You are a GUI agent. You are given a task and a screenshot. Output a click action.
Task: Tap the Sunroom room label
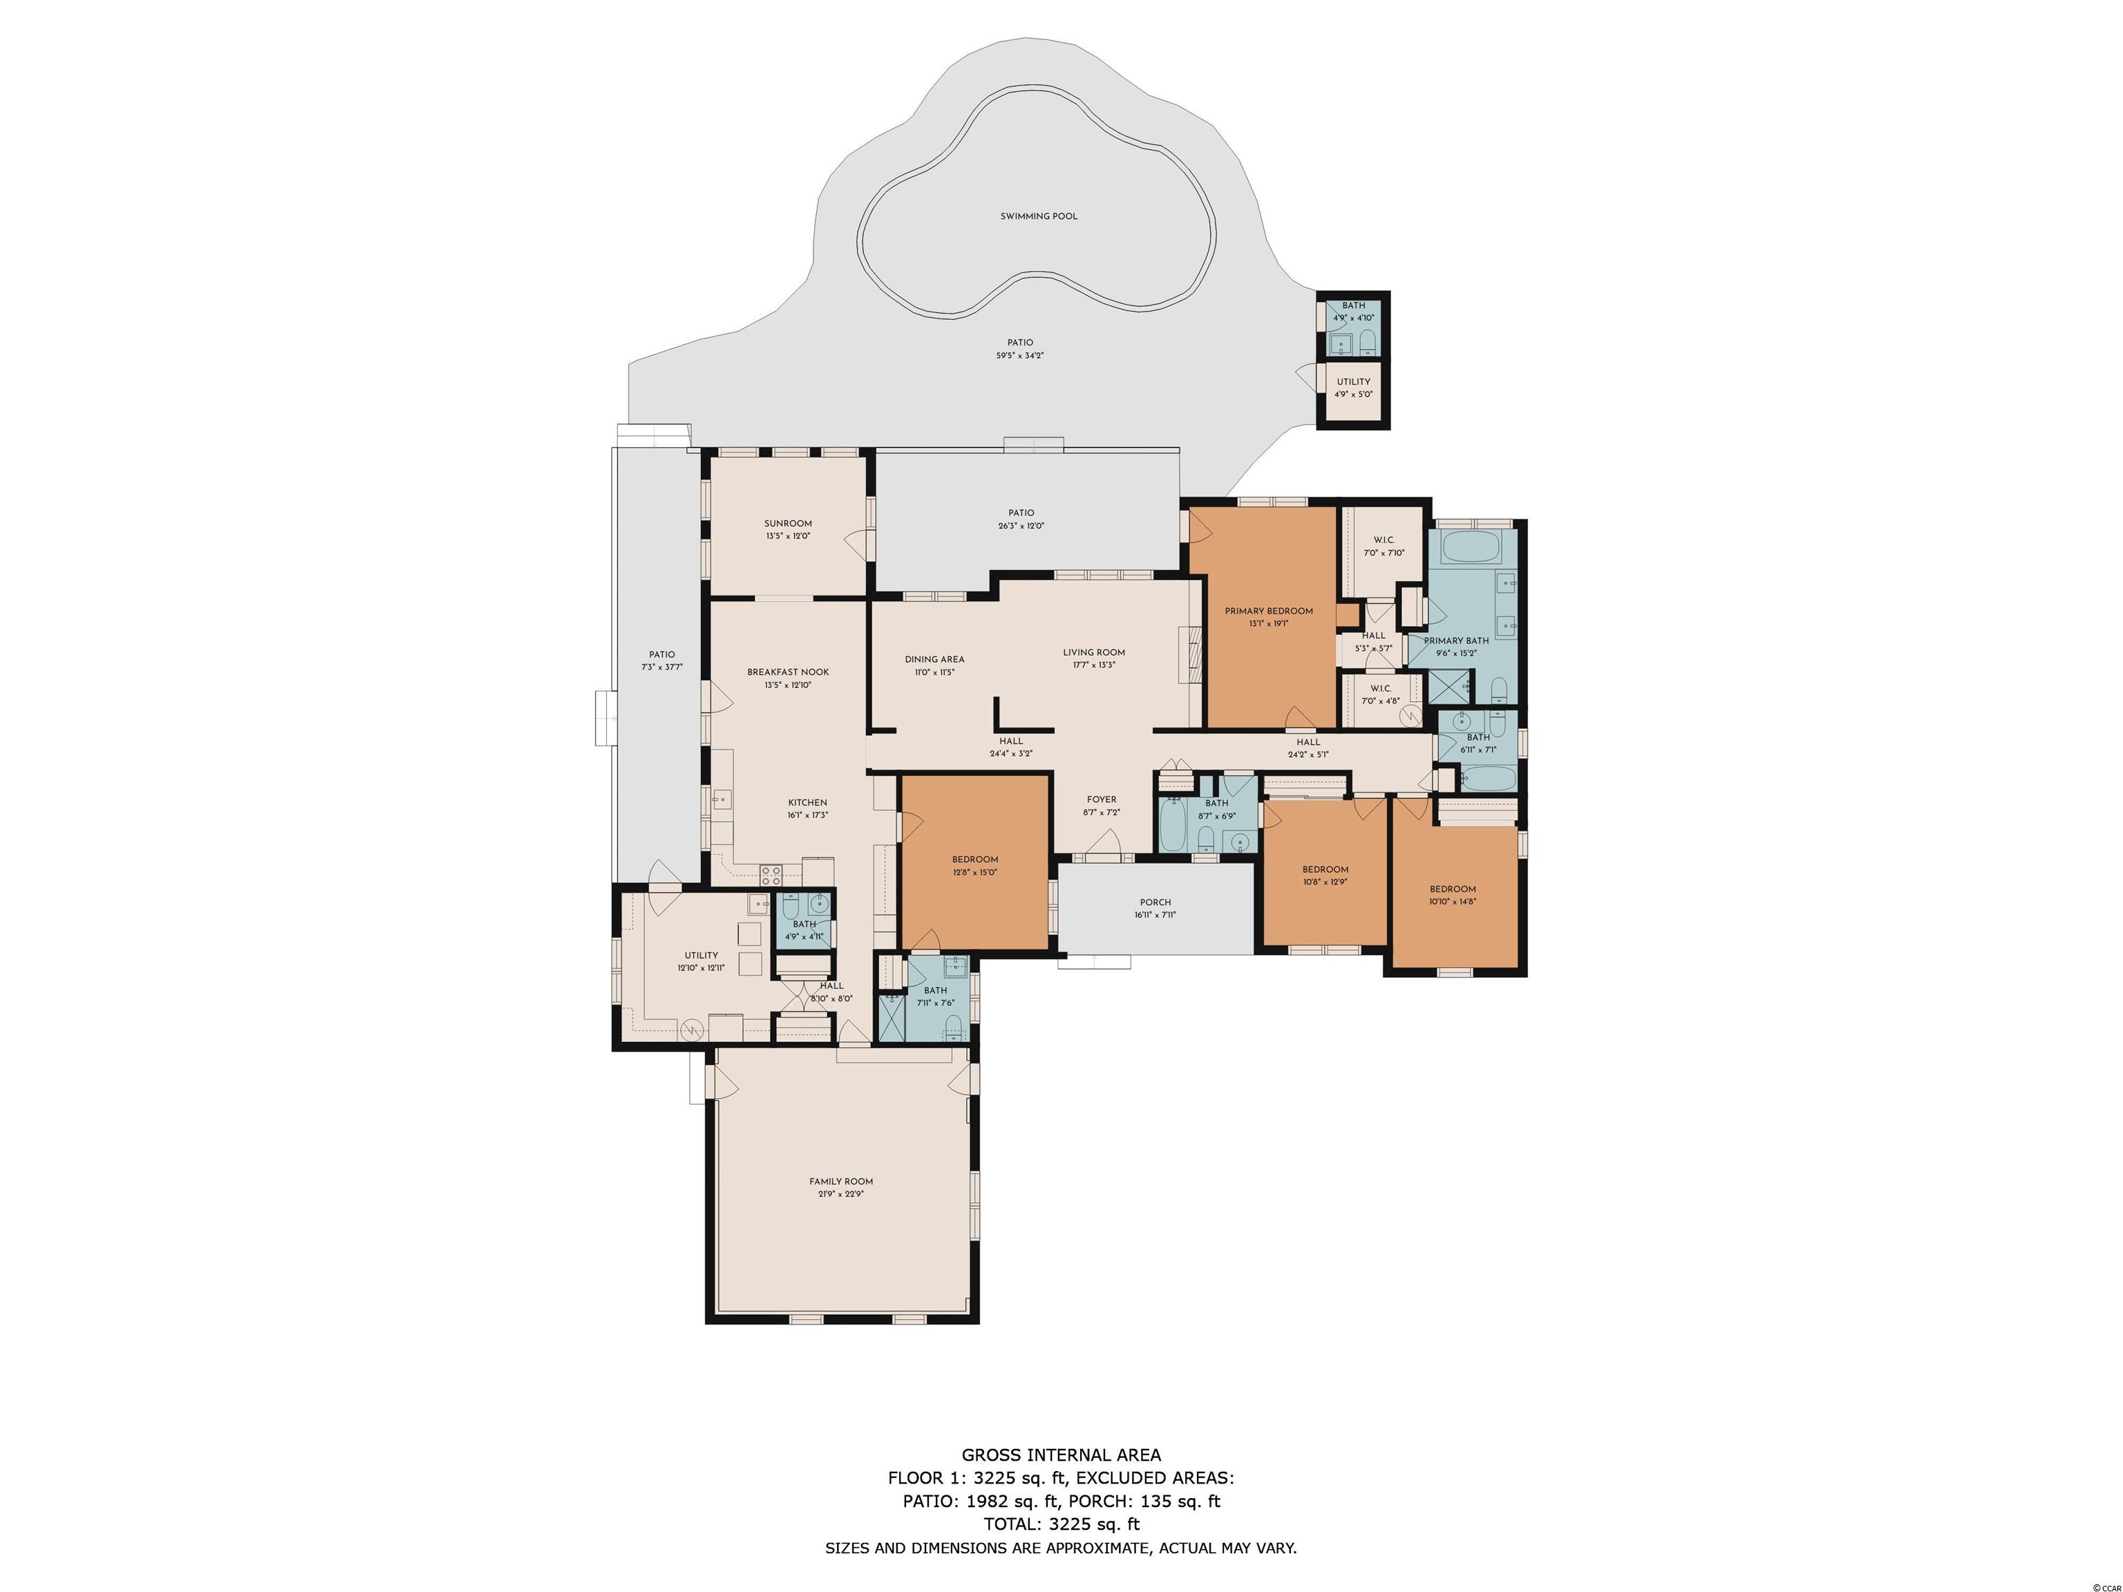(x=788, y=524)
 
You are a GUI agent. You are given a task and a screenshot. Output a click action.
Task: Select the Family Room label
(x=841, y=1182)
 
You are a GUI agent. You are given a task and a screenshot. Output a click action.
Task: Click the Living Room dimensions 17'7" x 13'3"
(x=1094, y=665)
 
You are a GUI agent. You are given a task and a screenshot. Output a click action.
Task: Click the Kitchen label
(x=807, y=803)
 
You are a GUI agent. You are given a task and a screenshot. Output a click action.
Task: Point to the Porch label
(x=1155, y=902)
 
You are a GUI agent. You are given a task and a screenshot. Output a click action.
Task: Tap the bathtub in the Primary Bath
(x=1473, y=547)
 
